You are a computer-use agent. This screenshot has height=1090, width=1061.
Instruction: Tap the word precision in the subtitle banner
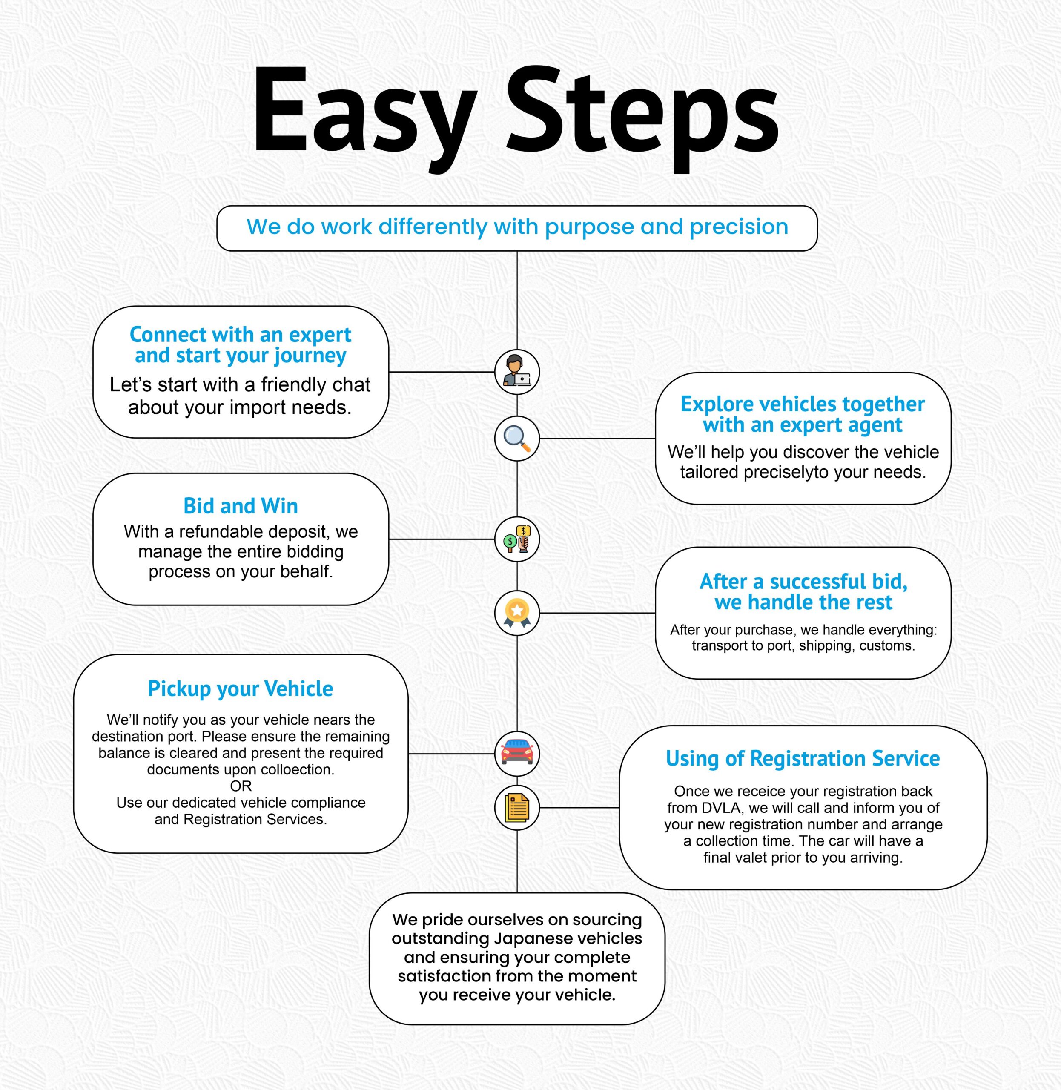pos(739,227)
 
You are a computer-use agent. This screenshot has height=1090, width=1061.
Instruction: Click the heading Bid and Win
pos(241,506)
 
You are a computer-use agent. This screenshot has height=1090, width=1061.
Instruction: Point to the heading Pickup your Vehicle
pos(240,689)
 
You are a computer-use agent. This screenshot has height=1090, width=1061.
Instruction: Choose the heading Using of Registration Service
pos(803,758)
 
